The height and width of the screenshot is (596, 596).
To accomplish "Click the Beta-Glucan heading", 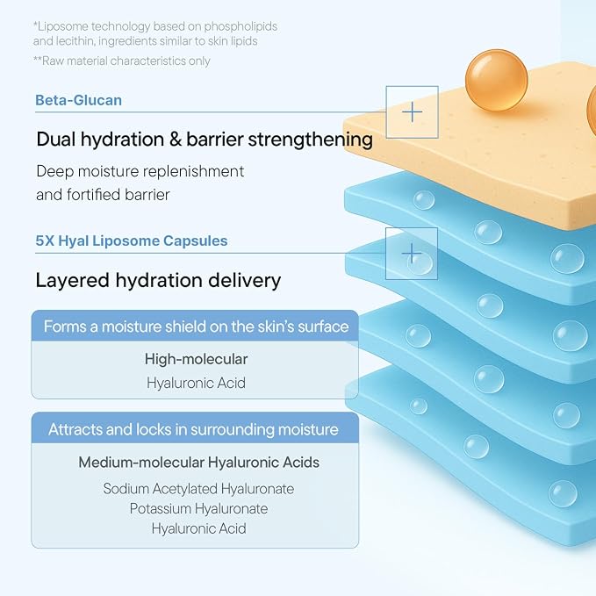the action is click(79, 100).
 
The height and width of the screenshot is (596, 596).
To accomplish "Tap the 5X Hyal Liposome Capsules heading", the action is click(132, 241).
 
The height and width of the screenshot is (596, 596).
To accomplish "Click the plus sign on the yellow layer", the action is click(412, 112).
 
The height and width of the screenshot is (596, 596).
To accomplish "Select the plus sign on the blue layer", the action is click(412, 254).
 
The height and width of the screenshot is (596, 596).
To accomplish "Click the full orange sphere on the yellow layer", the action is click(497, 80).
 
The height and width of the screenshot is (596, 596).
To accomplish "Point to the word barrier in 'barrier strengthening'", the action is click(215, 139).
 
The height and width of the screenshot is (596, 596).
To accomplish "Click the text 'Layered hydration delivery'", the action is click(158, 281).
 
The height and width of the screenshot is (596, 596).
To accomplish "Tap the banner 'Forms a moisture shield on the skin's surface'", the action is click(195, 327).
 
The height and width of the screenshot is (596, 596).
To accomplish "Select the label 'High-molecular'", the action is click(196, 359).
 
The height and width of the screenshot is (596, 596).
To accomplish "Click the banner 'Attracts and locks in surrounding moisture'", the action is click(195, 428).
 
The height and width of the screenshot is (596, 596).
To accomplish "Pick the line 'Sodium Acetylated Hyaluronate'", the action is click(198, 489).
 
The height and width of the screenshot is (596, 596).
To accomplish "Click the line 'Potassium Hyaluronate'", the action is click(198, 508).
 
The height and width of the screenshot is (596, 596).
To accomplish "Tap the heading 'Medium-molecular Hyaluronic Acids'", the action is click(198, 463).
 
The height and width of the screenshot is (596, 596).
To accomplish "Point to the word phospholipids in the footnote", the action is click(241, 26).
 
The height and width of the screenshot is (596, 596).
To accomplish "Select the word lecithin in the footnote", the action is click(75, 41).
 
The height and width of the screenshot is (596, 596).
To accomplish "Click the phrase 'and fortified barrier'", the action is click(103, 195).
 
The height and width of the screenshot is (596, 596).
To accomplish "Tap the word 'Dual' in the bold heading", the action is click(56, 139).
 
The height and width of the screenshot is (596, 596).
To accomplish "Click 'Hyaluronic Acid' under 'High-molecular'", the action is click(196, 383).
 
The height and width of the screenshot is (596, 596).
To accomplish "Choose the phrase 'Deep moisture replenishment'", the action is click(140, 171).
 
